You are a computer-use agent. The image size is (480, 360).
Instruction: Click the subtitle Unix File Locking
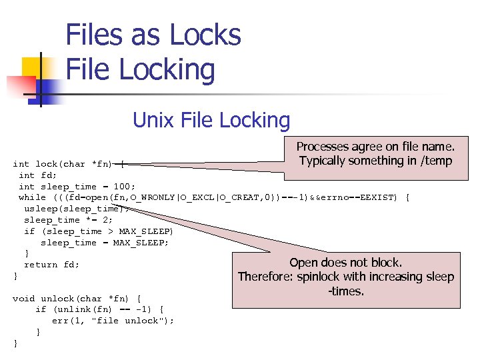211,121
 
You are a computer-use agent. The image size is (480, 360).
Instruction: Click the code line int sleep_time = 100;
77,186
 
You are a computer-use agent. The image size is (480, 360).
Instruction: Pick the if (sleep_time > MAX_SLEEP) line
98,231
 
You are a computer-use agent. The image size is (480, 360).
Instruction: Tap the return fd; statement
51,265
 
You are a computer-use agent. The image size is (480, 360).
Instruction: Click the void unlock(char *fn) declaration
77,298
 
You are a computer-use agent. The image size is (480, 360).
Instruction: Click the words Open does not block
345,263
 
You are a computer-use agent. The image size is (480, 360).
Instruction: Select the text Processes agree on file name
375,147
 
